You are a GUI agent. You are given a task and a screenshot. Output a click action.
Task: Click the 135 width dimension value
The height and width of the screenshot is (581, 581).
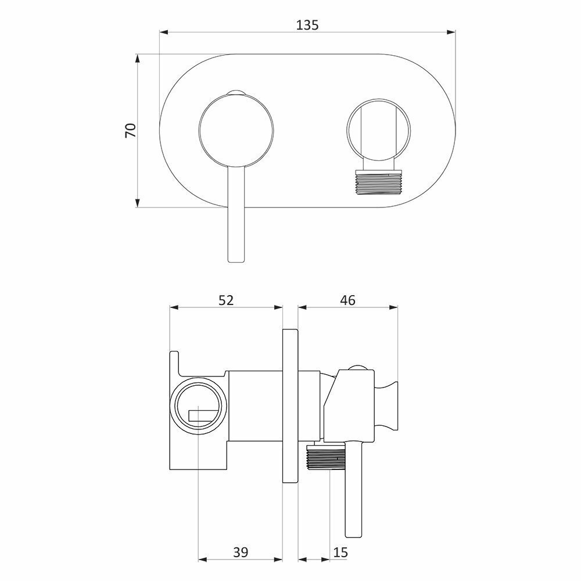tap(307, 25)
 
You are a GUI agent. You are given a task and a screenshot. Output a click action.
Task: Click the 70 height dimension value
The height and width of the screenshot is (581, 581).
tap(131, 130)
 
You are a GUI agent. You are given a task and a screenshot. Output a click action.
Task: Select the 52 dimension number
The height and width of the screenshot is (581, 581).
tap(226, 300)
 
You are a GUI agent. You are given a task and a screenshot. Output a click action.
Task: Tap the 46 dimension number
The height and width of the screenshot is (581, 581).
tap(347, 300)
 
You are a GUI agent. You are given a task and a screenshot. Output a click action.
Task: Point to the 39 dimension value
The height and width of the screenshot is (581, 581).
tap(241, 553)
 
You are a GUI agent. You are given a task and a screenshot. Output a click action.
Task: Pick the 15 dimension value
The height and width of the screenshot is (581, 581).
tap(340, 553)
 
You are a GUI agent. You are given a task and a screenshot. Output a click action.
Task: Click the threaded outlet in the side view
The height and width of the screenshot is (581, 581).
tap(326, 458)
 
